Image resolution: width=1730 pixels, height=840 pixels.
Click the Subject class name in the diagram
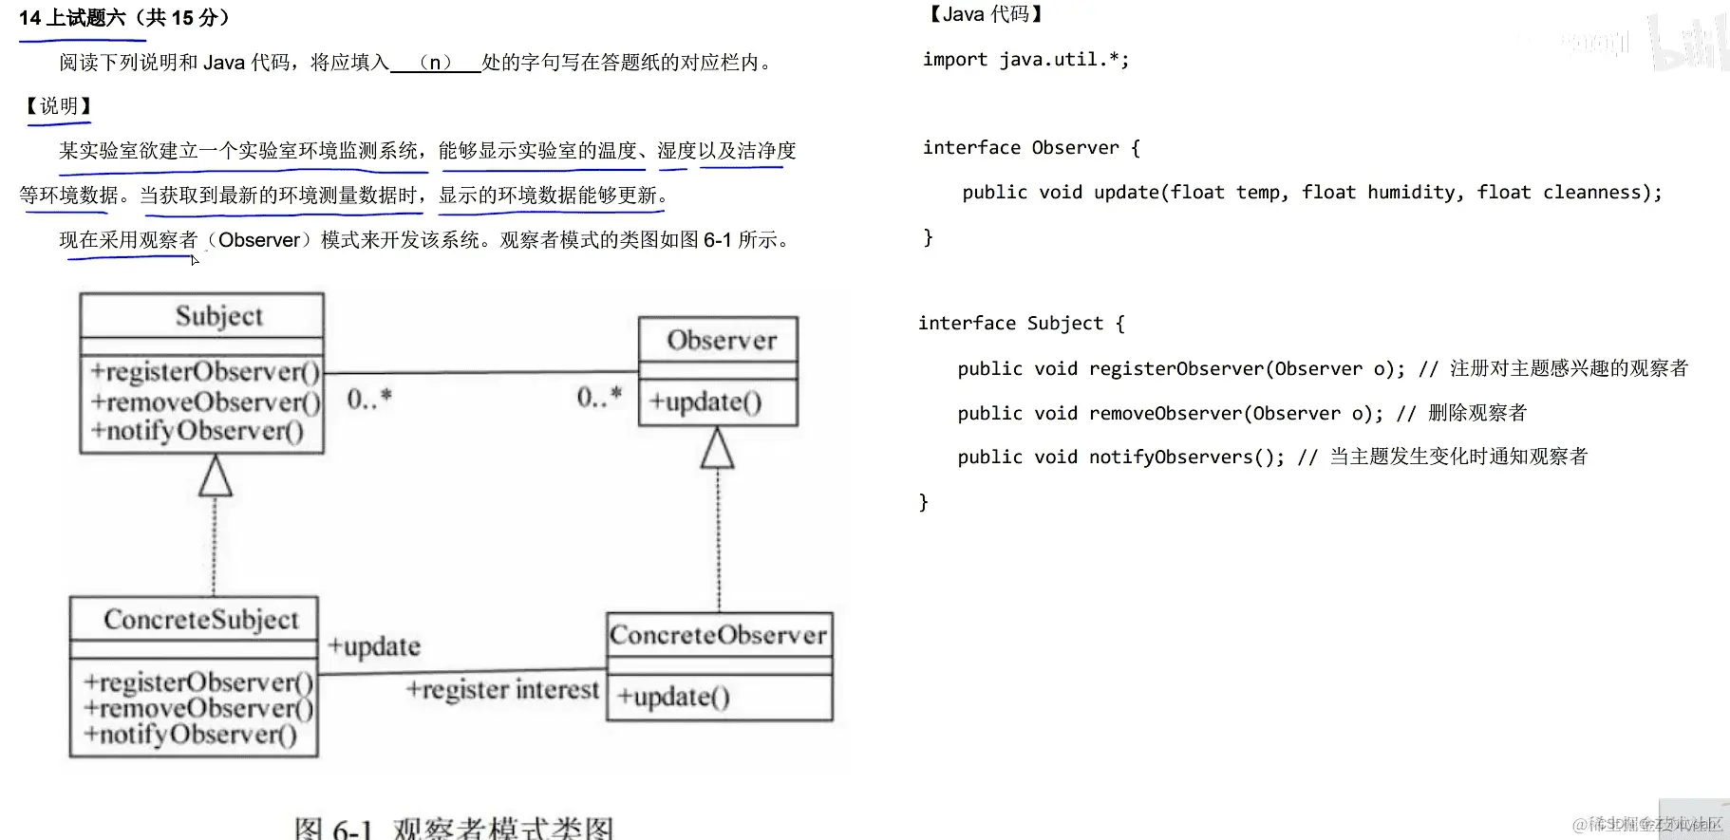(218, 316)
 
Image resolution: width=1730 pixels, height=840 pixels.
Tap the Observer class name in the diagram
(721, 340)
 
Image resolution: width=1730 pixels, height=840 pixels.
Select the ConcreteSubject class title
(200, 620)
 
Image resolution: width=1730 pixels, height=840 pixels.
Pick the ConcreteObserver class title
(718, 634)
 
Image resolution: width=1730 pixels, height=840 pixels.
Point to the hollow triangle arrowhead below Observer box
(717, 448)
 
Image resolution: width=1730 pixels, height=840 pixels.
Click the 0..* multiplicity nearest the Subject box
(368, 399)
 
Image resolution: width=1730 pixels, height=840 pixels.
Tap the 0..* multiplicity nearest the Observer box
(599, 396)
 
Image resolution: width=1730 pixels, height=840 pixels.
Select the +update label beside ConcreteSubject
(373, 646)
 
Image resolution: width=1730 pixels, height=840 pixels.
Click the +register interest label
(502, 689)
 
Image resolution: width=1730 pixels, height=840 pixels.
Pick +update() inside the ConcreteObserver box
(673, 697)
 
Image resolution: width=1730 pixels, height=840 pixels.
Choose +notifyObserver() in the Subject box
(197, 431)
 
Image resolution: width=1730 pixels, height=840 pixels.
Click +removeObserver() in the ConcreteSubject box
(197, 708)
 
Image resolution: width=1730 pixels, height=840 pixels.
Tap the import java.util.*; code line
(1025, 60)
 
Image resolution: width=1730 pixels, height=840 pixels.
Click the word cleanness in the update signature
(1596, 193)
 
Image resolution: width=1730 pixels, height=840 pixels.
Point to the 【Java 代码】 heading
(986, 14)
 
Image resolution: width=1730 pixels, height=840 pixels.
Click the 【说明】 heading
(58, 106)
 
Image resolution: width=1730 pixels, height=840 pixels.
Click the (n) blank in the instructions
(435, 63)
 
